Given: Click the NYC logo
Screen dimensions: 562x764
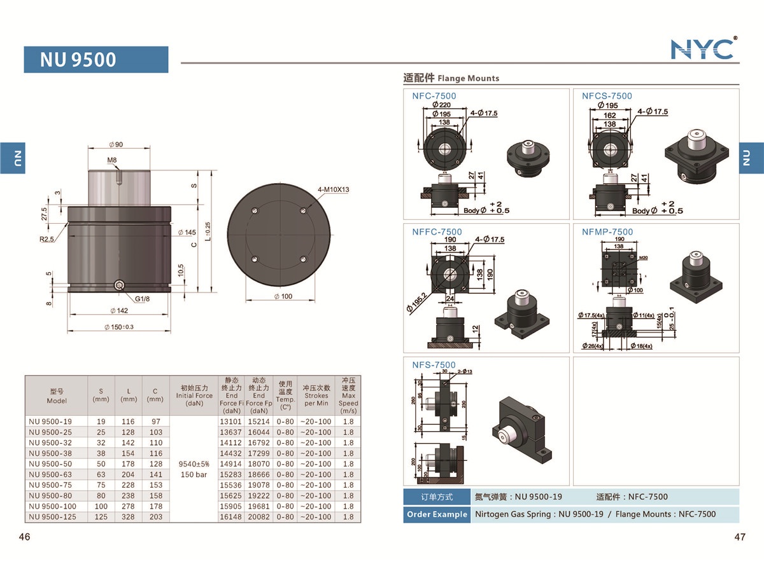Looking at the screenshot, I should (x=704, y=49).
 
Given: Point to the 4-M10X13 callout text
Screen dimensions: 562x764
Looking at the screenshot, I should (x=334, y=189).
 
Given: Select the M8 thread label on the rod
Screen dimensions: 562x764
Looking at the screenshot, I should (x=112, y=160).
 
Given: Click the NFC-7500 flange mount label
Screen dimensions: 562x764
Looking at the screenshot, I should (x=434, y=96).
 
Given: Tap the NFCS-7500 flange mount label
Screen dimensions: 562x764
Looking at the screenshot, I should (x=607, y=96).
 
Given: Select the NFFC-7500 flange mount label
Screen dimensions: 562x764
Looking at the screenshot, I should (x=437, y=231).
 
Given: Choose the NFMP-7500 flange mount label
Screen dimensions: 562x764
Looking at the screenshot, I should (x=607, y=231).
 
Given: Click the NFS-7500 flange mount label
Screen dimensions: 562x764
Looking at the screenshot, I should (x=434, y=364).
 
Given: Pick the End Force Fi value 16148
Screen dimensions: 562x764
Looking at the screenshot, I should (x=231, y=517).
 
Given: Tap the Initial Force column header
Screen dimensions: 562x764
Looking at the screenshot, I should (x=194, y=395).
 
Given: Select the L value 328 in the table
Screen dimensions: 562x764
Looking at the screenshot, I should (x=129, y=517).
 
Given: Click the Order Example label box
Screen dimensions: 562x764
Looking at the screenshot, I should (x=436, y=514).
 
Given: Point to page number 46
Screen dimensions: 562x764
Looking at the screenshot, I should (x=25, y=537).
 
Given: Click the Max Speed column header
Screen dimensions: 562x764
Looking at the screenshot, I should (x=348, y=395).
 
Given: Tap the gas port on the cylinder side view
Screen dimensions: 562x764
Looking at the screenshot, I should (x=120, y=285).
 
